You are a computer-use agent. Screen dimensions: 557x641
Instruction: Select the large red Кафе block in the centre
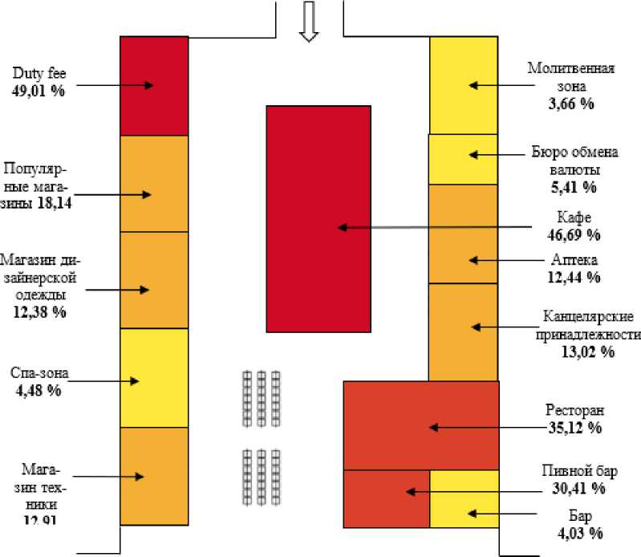(318, 218)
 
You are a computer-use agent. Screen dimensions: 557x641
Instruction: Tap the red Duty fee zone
(153, 86)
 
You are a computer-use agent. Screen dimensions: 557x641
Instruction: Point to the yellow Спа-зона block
(153, 378)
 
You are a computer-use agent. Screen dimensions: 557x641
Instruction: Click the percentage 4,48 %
(36, 391)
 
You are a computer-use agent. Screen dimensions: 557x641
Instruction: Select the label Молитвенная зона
(571, 75)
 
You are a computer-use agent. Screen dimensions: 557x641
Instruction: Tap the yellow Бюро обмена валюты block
(463, 159)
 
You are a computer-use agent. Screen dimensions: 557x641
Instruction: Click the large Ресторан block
(421, 425)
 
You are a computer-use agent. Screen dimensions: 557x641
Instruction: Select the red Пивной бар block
(386, 498)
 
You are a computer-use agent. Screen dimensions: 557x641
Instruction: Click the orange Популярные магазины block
(153, 184)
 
